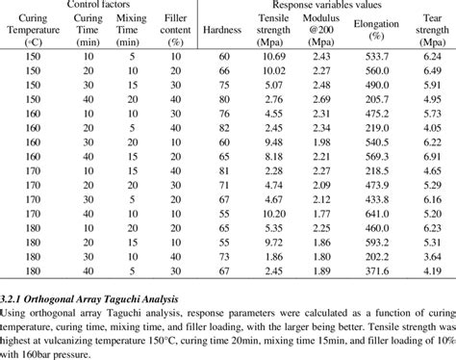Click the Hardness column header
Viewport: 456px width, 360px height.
[224, 30]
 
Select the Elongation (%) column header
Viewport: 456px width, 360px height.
[370, 30]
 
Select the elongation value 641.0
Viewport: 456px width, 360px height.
[370, 211]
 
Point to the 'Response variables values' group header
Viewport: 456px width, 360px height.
[327, 4]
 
